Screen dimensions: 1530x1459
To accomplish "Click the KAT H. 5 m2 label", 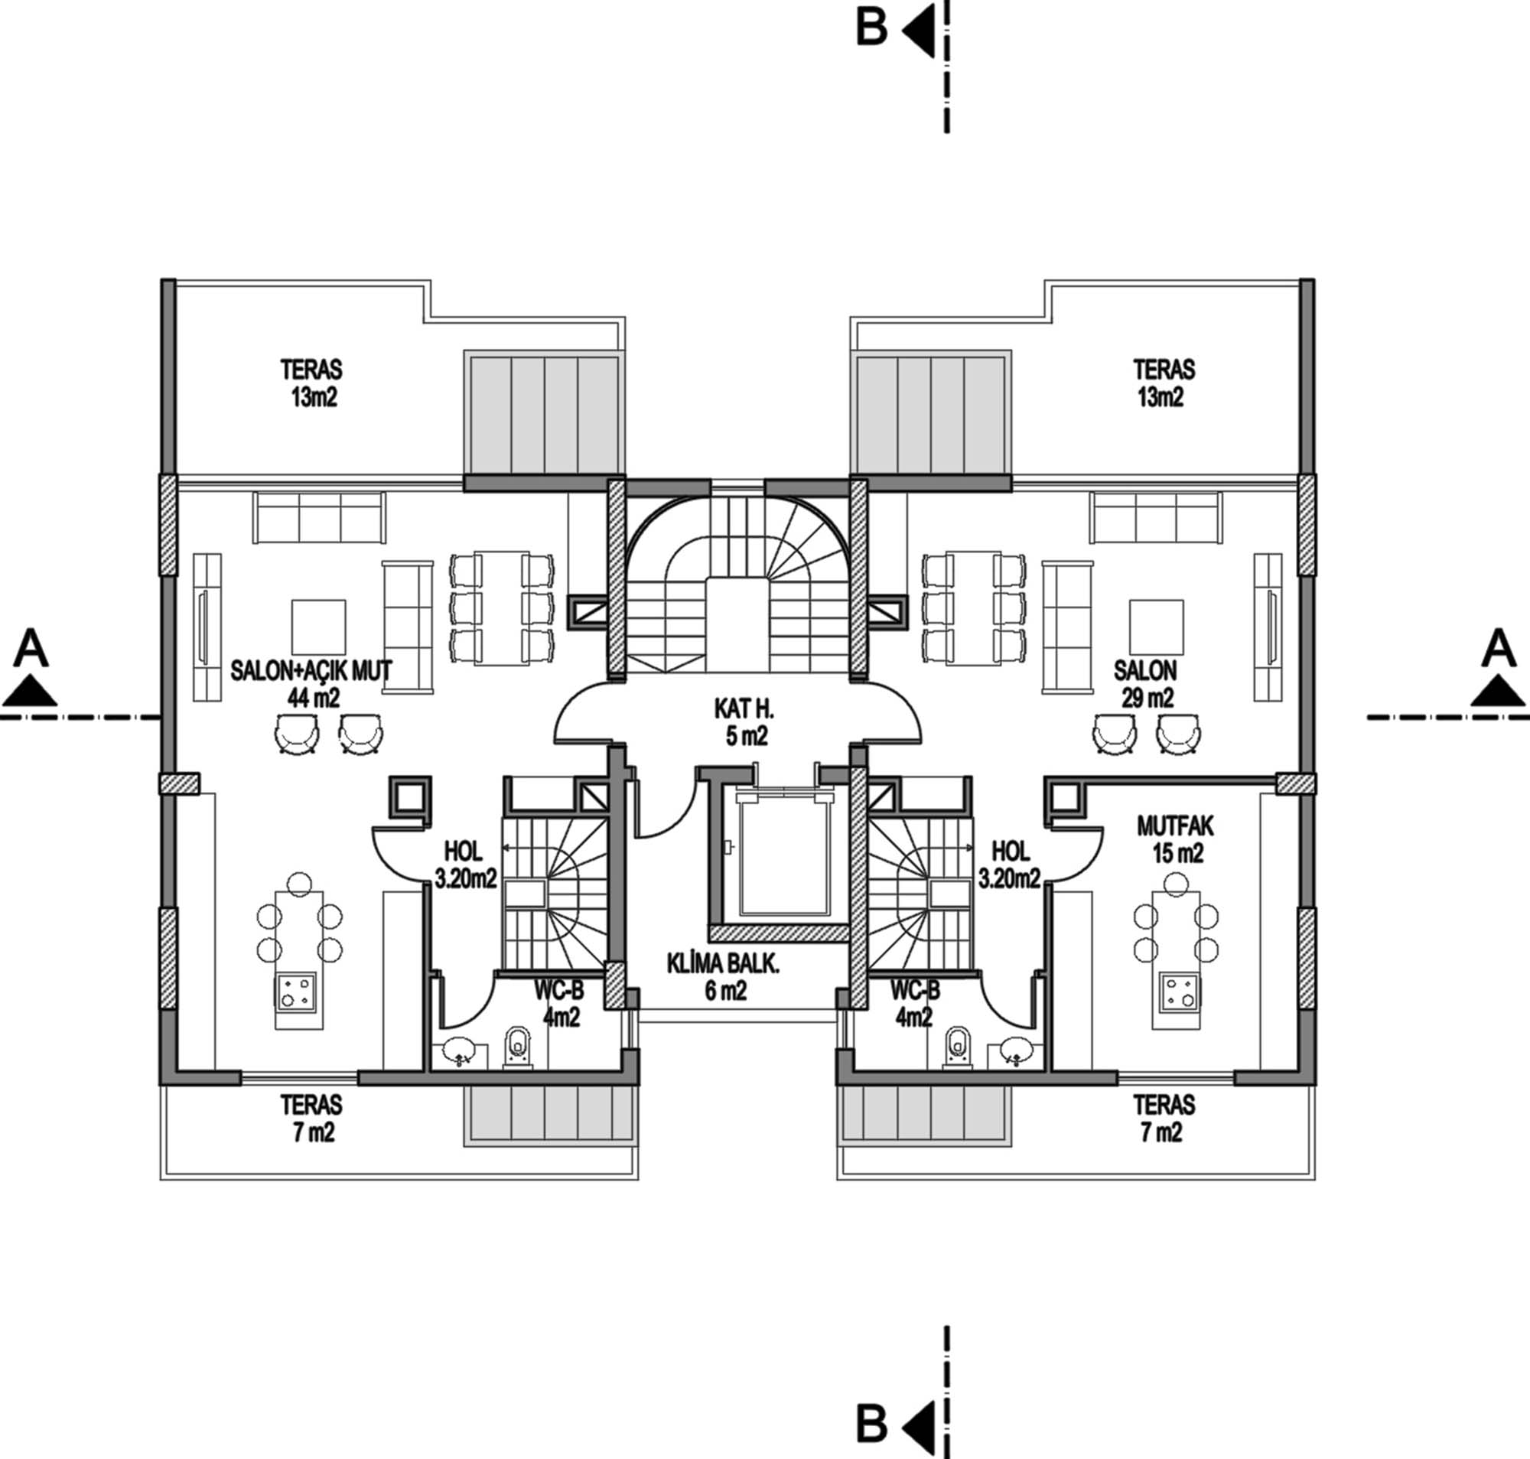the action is [x=745, y=721].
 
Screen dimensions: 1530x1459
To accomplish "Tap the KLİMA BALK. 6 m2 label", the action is [x=723, y=978].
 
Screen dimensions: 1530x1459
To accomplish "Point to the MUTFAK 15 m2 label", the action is [x=1176, y=839].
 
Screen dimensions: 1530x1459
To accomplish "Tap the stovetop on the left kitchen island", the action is [x=295, y=992].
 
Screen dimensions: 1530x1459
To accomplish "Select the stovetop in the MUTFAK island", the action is [x=1180, y=992].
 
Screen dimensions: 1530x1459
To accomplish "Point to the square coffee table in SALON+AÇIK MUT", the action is [x=319, y=627].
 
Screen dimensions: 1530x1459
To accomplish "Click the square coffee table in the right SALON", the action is [x=1157, y=627].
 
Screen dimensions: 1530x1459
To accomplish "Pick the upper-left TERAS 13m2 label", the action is [x=313, y=383].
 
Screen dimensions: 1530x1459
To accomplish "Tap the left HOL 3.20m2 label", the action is [x=464, y=864].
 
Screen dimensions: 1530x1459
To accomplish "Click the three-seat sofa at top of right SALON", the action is [x=1156, y=518].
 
